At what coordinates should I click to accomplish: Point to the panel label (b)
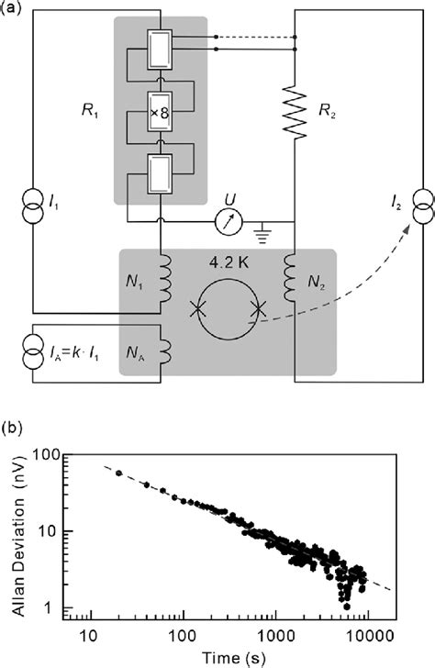point(14,428)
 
